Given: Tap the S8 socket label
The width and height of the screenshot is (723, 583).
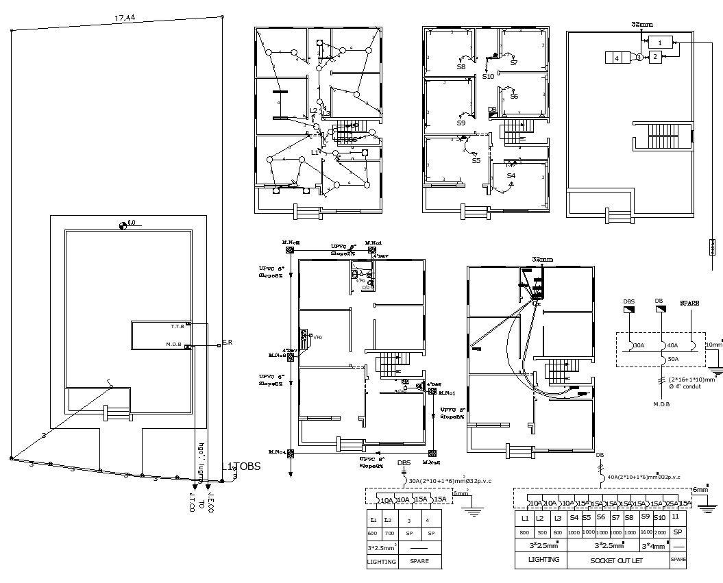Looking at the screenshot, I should pos(461,67).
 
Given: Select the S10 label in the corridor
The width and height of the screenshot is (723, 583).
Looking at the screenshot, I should pos(487,77).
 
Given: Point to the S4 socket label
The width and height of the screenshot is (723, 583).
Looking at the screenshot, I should pos(511,176).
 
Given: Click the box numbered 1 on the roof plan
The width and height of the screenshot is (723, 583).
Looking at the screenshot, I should pos(660,42).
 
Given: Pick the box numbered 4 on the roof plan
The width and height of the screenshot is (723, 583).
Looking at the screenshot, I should pos(617,58).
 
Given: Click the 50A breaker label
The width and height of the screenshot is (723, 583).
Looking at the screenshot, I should pos(673,358).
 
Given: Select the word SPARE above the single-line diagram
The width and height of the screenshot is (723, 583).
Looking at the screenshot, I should pos(689,302).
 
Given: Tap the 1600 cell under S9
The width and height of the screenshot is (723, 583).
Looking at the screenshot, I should pos(645,532).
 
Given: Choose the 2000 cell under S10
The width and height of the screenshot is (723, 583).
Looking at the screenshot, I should pos(660,532).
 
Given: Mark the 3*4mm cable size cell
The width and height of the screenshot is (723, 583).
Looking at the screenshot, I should pos(652,546).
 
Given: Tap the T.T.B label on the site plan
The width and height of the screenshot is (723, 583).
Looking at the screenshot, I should pos(177,326).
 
